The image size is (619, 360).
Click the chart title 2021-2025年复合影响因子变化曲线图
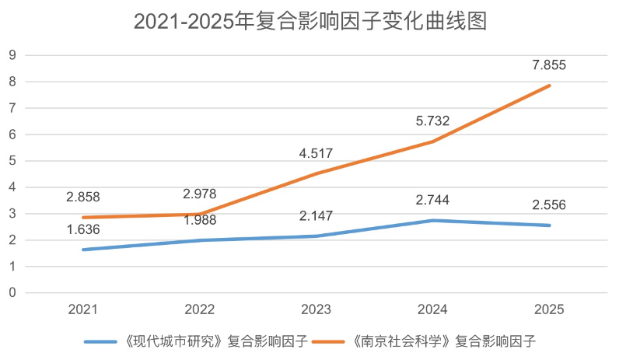click(309, 21)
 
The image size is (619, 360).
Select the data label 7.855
click(549, 65)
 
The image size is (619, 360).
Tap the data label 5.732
click(432, 121)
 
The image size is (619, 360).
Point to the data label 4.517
click(316, 152)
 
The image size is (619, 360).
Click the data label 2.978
click(199, 194)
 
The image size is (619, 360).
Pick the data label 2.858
click(82, 197)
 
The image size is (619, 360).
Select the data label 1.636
click(82, 229)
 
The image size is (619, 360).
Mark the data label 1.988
click(199, 221)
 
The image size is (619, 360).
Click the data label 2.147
click(316, 215)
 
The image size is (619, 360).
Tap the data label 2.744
click(432, 200)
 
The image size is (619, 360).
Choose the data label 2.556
click(549, 205)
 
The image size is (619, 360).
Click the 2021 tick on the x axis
click(82, 309)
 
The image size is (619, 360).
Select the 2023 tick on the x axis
click(316, 309)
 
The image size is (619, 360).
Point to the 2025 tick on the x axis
click(549, 309)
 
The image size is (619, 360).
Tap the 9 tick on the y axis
click(12, 55)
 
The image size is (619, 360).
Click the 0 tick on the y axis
click(12, 293)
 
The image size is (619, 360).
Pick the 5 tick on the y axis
click(12, 161)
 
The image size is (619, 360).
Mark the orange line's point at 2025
click(549, 86)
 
